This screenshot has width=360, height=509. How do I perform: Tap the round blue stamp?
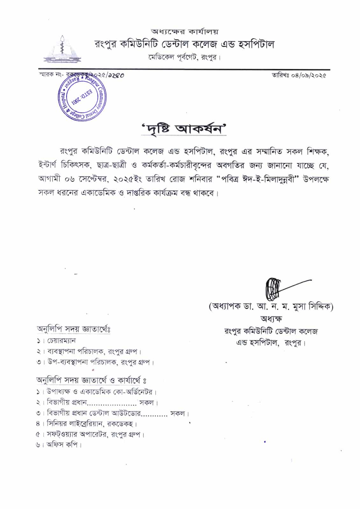click(83, 97)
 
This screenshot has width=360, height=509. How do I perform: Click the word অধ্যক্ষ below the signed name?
click(271, 318)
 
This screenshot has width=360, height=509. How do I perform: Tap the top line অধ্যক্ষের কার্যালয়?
click(184, 31)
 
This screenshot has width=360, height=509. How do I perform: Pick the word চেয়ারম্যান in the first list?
click(61, 341)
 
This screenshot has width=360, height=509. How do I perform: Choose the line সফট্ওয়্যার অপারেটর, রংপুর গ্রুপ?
click(95, 434)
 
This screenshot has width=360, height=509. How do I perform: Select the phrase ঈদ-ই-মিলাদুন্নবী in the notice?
click(265, 179)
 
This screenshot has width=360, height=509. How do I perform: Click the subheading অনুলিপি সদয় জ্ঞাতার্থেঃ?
click(74, 329)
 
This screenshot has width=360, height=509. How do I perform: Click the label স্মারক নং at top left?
click(51, 75)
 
